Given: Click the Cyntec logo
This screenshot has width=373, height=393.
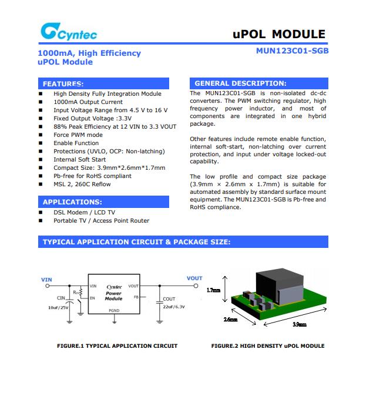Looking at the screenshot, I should [x=69, y=32].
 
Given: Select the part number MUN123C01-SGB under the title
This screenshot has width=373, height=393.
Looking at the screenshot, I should [x=292, y=51].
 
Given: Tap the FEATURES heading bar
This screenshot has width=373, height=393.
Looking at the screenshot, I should [x=103, y=83].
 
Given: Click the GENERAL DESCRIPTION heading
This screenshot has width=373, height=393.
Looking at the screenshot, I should [x=258, y=83].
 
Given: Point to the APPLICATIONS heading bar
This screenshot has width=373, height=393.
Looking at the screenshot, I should [x=103, y=202].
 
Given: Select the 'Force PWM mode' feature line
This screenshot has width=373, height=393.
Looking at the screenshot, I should [x=78, y=135].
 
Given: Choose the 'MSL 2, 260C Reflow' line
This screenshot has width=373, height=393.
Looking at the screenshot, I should [x=82, y=184].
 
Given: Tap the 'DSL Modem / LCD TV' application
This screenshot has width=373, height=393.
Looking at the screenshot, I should [x=84, y=213].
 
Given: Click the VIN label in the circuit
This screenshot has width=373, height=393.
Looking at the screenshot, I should [x=46, y=280].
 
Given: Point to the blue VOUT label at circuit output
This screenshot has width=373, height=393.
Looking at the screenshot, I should [x=194, y=278].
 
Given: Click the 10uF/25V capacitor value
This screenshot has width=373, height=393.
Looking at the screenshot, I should [x=59, y=307].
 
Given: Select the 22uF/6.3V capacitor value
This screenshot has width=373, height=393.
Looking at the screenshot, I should [x=173, y=307].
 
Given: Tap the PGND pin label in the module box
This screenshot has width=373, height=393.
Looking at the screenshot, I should [x=114, y=310].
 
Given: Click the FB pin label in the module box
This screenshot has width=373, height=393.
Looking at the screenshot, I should [x=136, y=297].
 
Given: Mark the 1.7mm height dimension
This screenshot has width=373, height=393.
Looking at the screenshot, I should [x=214, y=290].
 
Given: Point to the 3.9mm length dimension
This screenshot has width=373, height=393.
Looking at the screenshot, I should [x=300, y=324].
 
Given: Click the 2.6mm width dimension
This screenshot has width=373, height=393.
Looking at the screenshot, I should [x=231, y=320].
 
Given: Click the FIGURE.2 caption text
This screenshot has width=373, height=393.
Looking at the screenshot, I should [x=267, y=346].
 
